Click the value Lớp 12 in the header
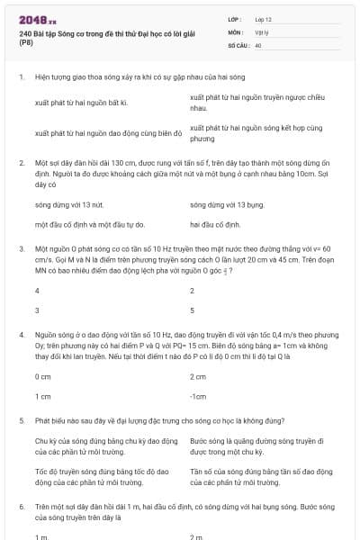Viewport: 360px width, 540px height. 264,18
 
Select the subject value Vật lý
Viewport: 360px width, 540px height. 261,31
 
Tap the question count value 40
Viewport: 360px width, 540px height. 258,44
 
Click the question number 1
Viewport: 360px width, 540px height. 21,78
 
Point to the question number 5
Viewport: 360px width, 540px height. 21,420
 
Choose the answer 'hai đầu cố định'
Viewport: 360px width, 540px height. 215,223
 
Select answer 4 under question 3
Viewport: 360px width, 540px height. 37,291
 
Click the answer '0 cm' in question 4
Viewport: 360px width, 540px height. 42,376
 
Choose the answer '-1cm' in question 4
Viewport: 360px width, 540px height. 199,395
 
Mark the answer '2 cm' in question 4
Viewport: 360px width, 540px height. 199,376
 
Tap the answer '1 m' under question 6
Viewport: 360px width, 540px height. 40,536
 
